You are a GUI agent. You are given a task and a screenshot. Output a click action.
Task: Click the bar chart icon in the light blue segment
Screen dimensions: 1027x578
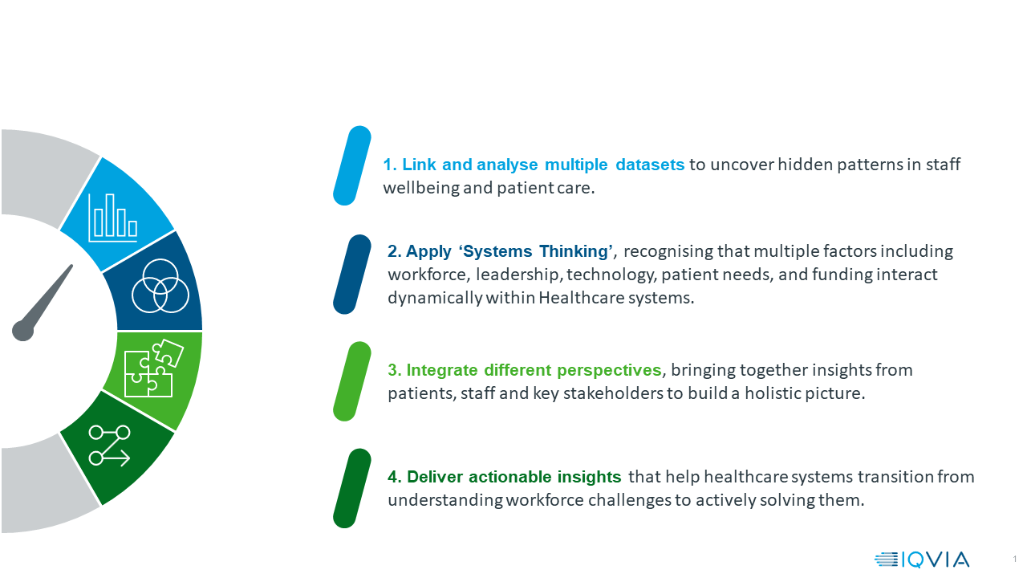pyautogui.click(x=113, y=218)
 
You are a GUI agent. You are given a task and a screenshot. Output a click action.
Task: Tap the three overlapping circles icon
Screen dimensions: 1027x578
pyautogui.click(x=160, y=286)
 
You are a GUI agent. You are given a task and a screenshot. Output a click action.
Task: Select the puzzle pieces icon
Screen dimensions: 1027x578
pyautogui.click(x=153, y=368)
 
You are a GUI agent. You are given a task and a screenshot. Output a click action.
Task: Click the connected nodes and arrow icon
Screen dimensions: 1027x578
pyautogui.click(x=109, y=446)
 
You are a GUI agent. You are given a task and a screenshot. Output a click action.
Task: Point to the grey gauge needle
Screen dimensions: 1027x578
pyautogui.click(x=43, y=303)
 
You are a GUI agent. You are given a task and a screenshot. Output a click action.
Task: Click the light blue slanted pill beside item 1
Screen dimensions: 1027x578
pyautogui.click(x=351, y=165)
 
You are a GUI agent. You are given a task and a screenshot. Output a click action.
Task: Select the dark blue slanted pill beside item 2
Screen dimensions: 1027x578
pyautogui.click(x=351, y=275)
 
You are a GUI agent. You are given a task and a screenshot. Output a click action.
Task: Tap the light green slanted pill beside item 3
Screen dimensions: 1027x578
pyautogui.click(x=351, y=381)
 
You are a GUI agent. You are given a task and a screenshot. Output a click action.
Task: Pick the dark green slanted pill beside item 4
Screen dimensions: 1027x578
pyautogui.click(x=351, y=488)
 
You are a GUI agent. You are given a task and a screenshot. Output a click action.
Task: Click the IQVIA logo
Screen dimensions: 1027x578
pyautogui.click(x=922, y=560)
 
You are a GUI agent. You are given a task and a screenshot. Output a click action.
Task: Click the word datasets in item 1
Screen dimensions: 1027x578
pyautogui.click(x=650, y=165)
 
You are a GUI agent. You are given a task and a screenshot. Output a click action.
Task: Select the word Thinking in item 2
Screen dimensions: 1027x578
pyautogui.click(x=573, y=251)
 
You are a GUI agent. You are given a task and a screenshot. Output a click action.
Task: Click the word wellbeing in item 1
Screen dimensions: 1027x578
pyautogui.click(x=421, y=188)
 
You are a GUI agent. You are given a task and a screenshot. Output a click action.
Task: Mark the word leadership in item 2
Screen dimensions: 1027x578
pyautogui.click(x=517, y=275)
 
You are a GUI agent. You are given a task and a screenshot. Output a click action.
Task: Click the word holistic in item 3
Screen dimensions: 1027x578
pyautogui.click(x=771, y=393)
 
